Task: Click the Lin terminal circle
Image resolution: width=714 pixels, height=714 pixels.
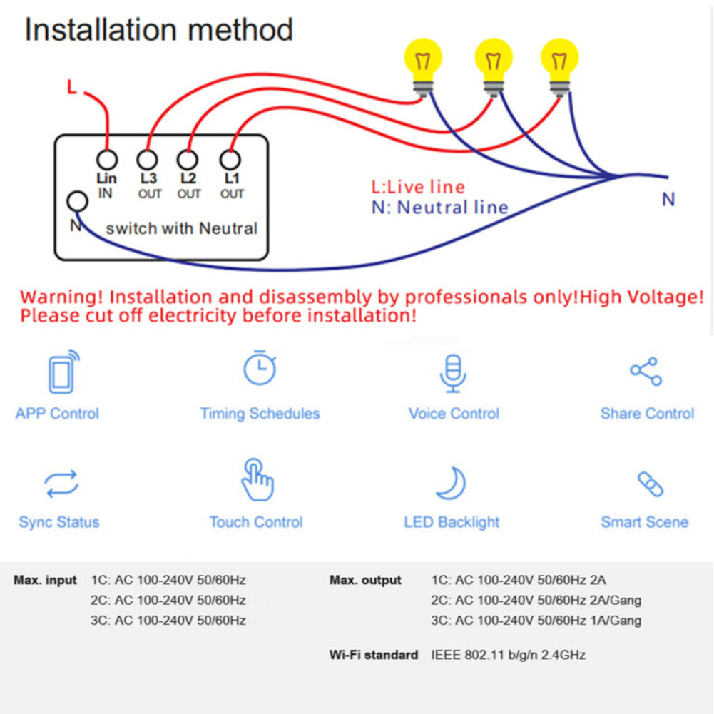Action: (x=106, y=160)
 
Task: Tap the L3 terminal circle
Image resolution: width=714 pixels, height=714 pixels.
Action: (x=148, y=160)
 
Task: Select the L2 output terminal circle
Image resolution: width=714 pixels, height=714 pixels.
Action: (x=188, y=160)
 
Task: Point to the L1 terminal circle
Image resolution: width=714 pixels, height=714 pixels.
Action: (x=230, y=160)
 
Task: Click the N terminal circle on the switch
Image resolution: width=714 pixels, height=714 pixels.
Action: (x=76, y=202)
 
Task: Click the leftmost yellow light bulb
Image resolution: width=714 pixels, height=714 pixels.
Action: (x=423, y=61)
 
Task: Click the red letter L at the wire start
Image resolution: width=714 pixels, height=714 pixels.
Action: (x=71, y=88)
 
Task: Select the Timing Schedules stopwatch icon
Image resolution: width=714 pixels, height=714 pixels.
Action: (x=260, y=368)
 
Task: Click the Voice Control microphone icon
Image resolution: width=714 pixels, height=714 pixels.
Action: (x=452, y=372)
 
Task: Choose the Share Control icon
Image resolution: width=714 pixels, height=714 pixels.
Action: (x=646, y=372)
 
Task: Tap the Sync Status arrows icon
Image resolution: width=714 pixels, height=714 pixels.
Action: (x=61, y=484)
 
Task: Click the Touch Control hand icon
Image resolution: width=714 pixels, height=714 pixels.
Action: (x=257, y=480)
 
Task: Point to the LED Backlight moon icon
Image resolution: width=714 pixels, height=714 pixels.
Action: (x=452, y=484)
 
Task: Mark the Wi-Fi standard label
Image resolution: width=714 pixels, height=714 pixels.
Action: (x=373, y=655)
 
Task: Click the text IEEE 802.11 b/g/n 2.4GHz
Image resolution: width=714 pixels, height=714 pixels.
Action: (x=508, y=655)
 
